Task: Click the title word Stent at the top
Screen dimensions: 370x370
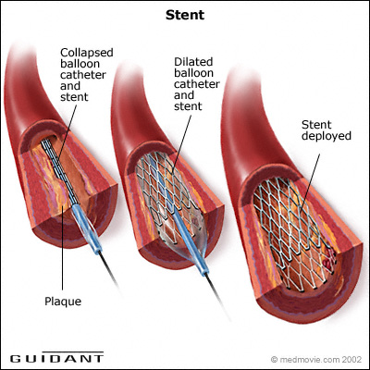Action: click(x=185, y=15)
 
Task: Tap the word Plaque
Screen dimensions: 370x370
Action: click(x=63, y=302)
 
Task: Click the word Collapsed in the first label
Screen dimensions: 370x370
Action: click(x=87, y=53)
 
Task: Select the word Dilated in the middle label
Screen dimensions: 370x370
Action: click(x=193, y=62)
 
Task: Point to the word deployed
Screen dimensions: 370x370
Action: click(x=327, y=136)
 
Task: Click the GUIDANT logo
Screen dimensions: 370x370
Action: click(x=56, y=358)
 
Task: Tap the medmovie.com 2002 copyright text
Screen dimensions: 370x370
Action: click(x=316, y=360)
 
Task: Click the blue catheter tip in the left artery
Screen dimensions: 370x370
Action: click(x=87, y=228)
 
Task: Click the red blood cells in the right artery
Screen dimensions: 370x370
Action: click(x=328, y=260)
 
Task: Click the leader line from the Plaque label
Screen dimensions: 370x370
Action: click(x=63, y=248)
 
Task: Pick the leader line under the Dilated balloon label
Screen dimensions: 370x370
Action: click(x=181, y=143)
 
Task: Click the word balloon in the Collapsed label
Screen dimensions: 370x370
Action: click(x=80, y=64)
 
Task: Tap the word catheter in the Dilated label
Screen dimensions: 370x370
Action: click(x=197, y=84)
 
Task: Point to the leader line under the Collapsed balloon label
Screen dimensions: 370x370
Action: click(x=68, y=129)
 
